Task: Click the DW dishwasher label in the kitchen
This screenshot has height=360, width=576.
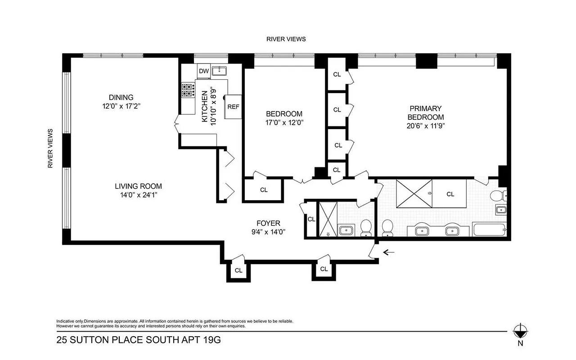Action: click(203, 71)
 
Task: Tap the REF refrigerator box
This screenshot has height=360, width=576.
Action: click(233, 107)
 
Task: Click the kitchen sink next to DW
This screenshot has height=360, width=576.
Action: click(219, 70)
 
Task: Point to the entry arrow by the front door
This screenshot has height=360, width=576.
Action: click(388, 252)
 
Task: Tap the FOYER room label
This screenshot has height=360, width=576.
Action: click(268, 223)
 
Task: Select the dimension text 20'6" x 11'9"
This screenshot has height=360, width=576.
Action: click(425, 126)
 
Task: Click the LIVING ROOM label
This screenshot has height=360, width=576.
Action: click(138, 186)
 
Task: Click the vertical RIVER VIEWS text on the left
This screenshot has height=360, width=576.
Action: click(50, 149)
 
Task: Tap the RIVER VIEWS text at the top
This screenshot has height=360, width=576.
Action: click(286, 39)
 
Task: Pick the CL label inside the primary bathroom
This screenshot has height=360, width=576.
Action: click(450, 194)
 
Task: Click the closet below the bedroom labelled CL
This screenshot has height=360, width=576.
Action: click(264, 190)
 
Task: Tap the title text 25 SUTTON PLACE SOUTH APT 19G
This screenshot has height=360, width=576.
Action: click(139, 340)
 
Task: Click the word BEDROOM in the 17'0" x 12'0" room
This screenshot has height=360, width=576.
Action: click(284, 114)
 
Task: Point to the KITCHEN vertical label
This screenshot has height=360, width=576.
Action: click(205, 107)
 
